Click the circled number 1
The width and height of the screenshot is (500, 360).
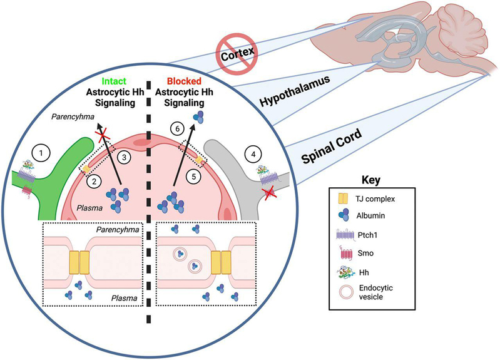point(41,152)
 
